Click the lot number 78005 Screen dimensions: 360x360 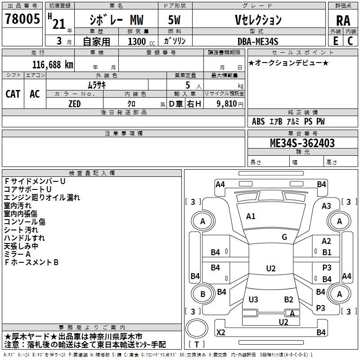[22, 18]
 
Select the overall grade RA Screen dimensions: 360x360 [343, 21]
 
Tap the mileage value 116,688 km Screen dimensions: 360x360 [53, 65]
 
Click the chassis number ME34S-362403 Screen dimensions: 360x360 [302, 143]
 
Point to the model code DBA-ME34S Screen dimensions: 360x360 [258, 41]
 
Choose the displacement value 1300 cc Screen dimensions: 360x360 [141, 41]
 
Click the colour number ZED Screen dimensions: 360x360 [75, 104]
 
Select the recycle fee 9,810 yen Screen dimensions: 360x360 [230, 104]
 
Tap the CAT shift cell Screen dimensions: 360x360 [13, 94]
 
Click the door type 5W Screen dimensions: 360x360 [174, 20]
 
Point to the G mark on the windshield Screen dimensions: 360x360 [284, 237]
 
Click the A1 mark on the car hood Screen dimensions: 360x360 [251, 216]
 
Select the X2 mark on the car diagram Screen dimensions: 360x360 [221, 332]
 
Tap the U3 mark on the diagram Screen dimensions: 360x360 [253, 299]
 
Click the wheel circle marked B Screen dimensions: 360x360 [203, 294]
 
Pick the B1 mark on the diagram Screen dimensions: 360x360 [327, 252]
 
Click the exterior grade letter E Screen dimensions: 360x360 [336, 41]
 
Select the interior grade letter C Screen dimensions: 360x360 [350, 41]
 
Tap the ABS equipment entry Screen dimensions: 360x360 [258, 121]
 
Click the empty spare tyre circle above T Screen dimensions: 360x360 [197, 329]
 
